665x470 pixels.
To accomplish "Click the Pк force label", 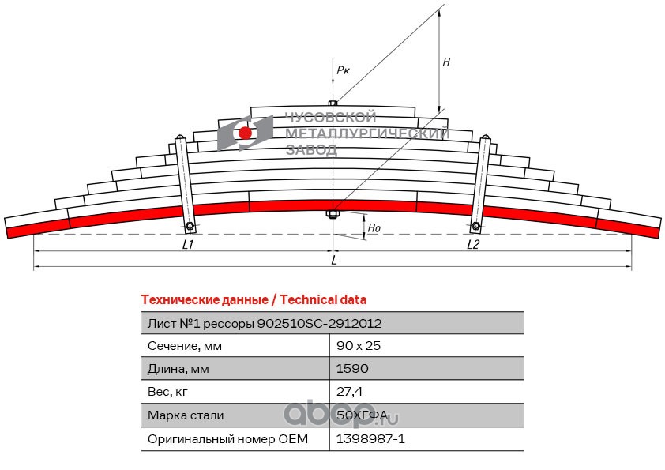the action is [x=343, y=70].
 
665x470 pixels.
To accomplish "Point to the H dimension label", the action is [x=446, y=62].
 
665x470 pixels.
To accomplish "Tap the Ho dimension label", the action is [x=374, y=228].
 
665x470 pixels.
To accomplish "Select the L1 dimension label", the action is [x=188, y=245].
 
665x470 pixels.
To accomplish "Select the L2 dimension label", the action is [x=473, y=245].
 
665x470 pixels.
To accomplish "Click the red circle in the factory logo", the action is [x=245, y=133].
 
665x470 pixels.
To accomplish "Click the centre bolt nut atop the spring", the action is [x=333, y=103].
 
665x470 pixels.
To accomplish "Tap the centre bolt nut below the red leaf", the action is [x=332, y=214].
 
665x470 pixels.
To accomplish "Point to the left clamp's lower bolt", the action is [x=190, y=226].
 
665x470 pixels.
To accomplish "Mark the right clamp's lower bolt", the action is [x=476, y=226].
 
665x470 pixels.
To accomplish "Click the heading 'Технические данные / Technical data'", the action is [x=254, y=300].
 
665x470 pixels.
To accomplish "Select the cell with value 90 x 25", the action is [x=359, y=346].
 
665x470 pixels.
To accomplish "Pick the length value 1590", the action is [x=352, y=369].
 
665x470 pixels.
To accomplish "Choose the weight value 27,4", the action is [x=349, y=392].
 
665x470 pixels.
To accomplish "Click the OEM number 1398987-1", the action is [x=370, y=438].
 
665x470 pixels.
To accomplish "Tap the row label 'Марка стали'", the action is [x=186, y=415].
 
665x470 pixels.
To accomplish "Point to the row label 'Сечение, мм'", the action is [x=185, y=346].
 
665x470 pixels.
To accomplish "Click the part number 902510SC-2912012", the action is [x=319, y=324].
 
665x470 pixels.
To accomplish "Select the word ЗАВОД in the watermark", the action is [x=312, y=150].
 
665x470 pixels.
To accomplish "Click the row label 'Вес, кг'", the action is [x=167, y=392].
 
